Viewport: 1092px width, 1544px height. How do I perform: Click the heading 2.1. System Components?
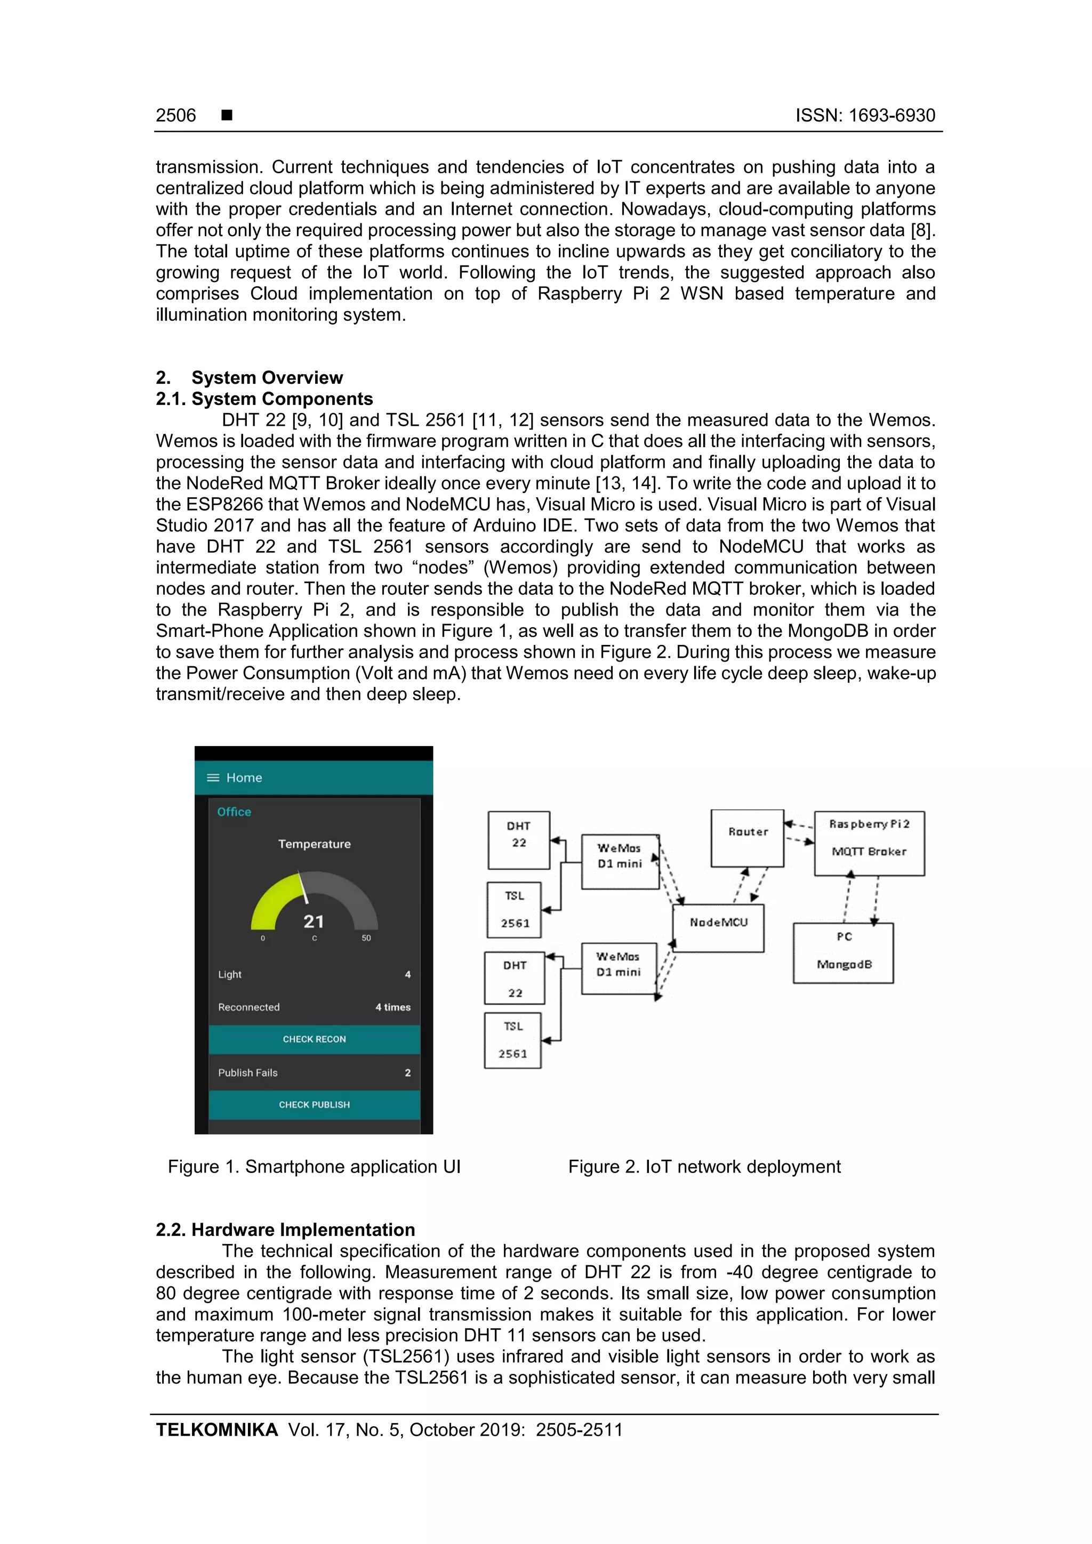(x=264, y=399)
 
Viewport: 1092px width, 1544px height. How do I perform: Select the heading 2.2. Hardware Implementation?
(x=285, y=1230)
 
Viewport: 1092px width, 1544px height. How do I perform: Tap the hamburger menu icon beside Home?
(x=213, y=778)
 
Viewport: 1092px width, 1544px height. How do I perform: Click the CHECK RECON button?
(x=314, y=1039)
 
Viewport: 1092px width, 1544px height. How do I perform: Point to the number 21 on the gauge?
(x=314, y=921)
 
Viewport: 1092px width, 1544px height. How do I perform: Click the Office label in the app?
(x=234, y=812)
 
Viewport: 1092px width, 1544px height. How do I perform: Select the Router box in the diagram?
(x=747, y=838)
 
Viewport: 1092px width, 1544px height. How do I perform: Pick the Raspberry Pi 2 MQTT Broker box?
(x=869, y=843)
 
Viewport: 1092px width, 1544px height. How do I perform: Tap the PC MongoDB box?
(x=843, y=953)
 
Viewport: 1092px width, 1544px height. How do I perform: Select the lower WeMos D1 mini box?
(x=619, y=968)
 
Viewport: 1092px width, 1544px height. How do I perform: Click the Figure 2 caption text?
(x=704, y=1167)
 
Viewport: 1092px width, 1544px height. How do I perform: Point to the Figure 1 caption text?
(x=314, y=1167)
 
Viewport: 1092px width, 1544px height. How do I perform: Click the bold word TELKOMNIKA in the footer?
(x=216, y=1430)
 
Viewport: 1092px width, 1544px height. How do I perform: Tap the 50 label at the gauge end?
(x=366, y=938)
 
